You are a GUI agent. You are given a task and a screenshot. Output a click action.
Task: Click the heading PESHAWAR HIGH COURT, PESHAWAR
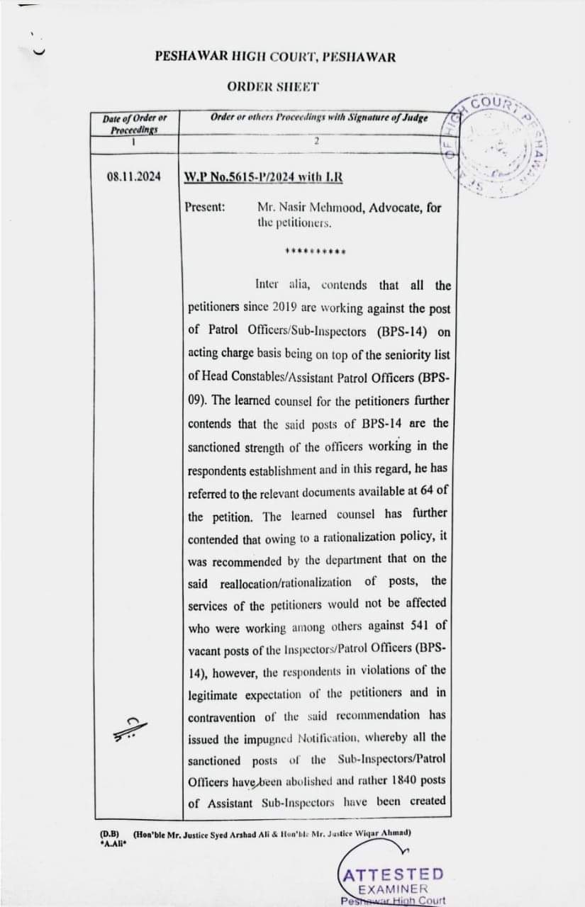coord(275,57)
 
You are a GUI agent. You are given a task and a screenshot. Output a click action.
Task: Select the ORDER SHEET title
coord(273,86)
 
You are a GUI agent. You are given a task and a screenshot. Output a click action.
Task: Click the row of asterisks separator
coord(315,251)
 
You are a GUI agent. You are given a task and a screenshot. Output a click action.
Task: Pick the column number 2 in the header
coord(317,141)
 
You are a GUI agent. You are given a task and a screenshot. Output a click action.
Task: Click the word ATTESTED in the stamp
coord(393,874)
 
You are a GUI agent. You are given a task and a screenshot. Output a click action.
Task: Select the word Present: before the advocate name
coord(205,208)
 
